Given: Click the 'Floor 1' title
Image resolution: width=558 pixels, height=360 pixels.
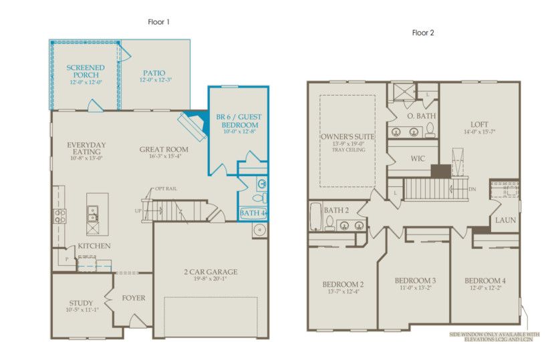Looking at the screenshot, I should click(x=159, y=22).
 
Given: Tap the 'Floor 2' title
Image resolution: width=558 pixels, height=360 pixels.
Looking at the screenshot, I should click(x=423, y=32).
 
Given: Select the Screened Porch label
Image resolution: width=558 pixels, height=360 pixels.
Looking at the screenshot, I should click(x=85, y=71).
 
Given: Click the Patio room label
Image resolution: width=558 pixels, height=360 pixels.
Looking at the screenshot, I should click(x=154, y=73).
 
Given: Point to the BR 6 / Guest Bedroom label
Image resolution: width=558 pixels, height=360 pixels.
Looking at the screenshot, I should click(x=239, y=121).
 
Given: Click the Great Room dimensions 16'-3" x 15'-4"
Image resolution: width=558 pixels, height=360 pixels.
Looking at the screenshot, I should click(x=164, y=157).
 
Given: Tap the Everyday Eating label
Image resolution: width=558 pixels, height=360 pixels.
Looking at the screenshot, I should click(x=86, y=149).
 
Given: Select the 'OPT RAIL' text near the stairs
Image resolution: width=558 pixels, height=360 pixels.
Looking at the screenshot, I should click(x=166, y=189).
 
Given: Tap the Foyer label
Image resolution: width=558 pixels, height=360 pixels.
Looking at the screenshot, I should click(x=134, y=298).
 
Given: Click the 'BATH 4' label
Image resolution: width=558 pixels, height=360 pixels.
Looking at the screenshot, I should click(x=253, y=214).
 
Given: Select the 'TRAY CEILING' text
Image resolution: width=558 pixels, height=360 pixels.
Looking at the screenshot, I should click(x=347, y=150).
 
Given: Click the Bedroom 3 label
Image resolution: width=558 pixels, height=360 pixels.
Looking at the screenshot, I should click(x=415, y=280).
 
